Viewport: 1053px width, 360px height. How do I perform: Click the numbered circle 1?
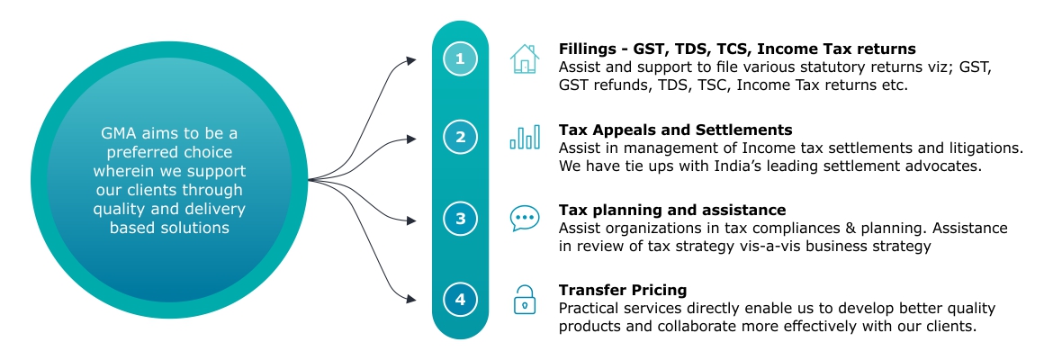click(460, 59)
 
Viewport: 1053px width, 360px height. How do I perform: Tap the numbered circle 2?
click(460, 138)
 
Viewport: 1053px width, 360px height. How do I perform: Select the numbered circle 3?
click(460, 219)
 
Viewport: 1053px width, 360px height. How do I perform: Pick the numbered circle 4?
click(460, 300)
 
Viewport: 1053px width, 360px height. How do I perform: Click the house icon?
click(525, 58)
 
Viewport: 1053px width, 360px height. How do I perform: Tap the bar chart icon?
click(525, 136)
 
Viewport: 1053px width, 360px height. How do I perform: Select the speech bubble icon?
click(525, 219)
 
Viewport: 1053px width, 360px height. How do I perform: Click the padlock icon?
click(525, 300)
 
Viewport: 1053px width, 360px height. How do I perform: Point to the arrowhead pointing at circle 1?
click(411, 61)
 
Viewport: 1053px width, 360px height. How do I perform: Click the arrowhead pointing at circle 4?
click(411, 298)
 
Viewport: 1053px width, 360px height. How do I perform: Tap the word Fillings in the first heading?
click(586, 49)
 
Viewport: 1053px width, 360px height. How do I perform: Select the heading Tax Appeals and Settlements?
click(676, 130)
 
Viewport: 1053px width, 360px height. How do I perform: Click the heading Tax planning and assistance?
click(672, 211)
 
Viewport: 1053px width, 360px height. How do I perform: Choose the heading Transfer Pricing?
click(623, 290)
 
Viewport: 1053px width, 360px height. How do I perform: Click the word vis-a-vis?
click(769, 247)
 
